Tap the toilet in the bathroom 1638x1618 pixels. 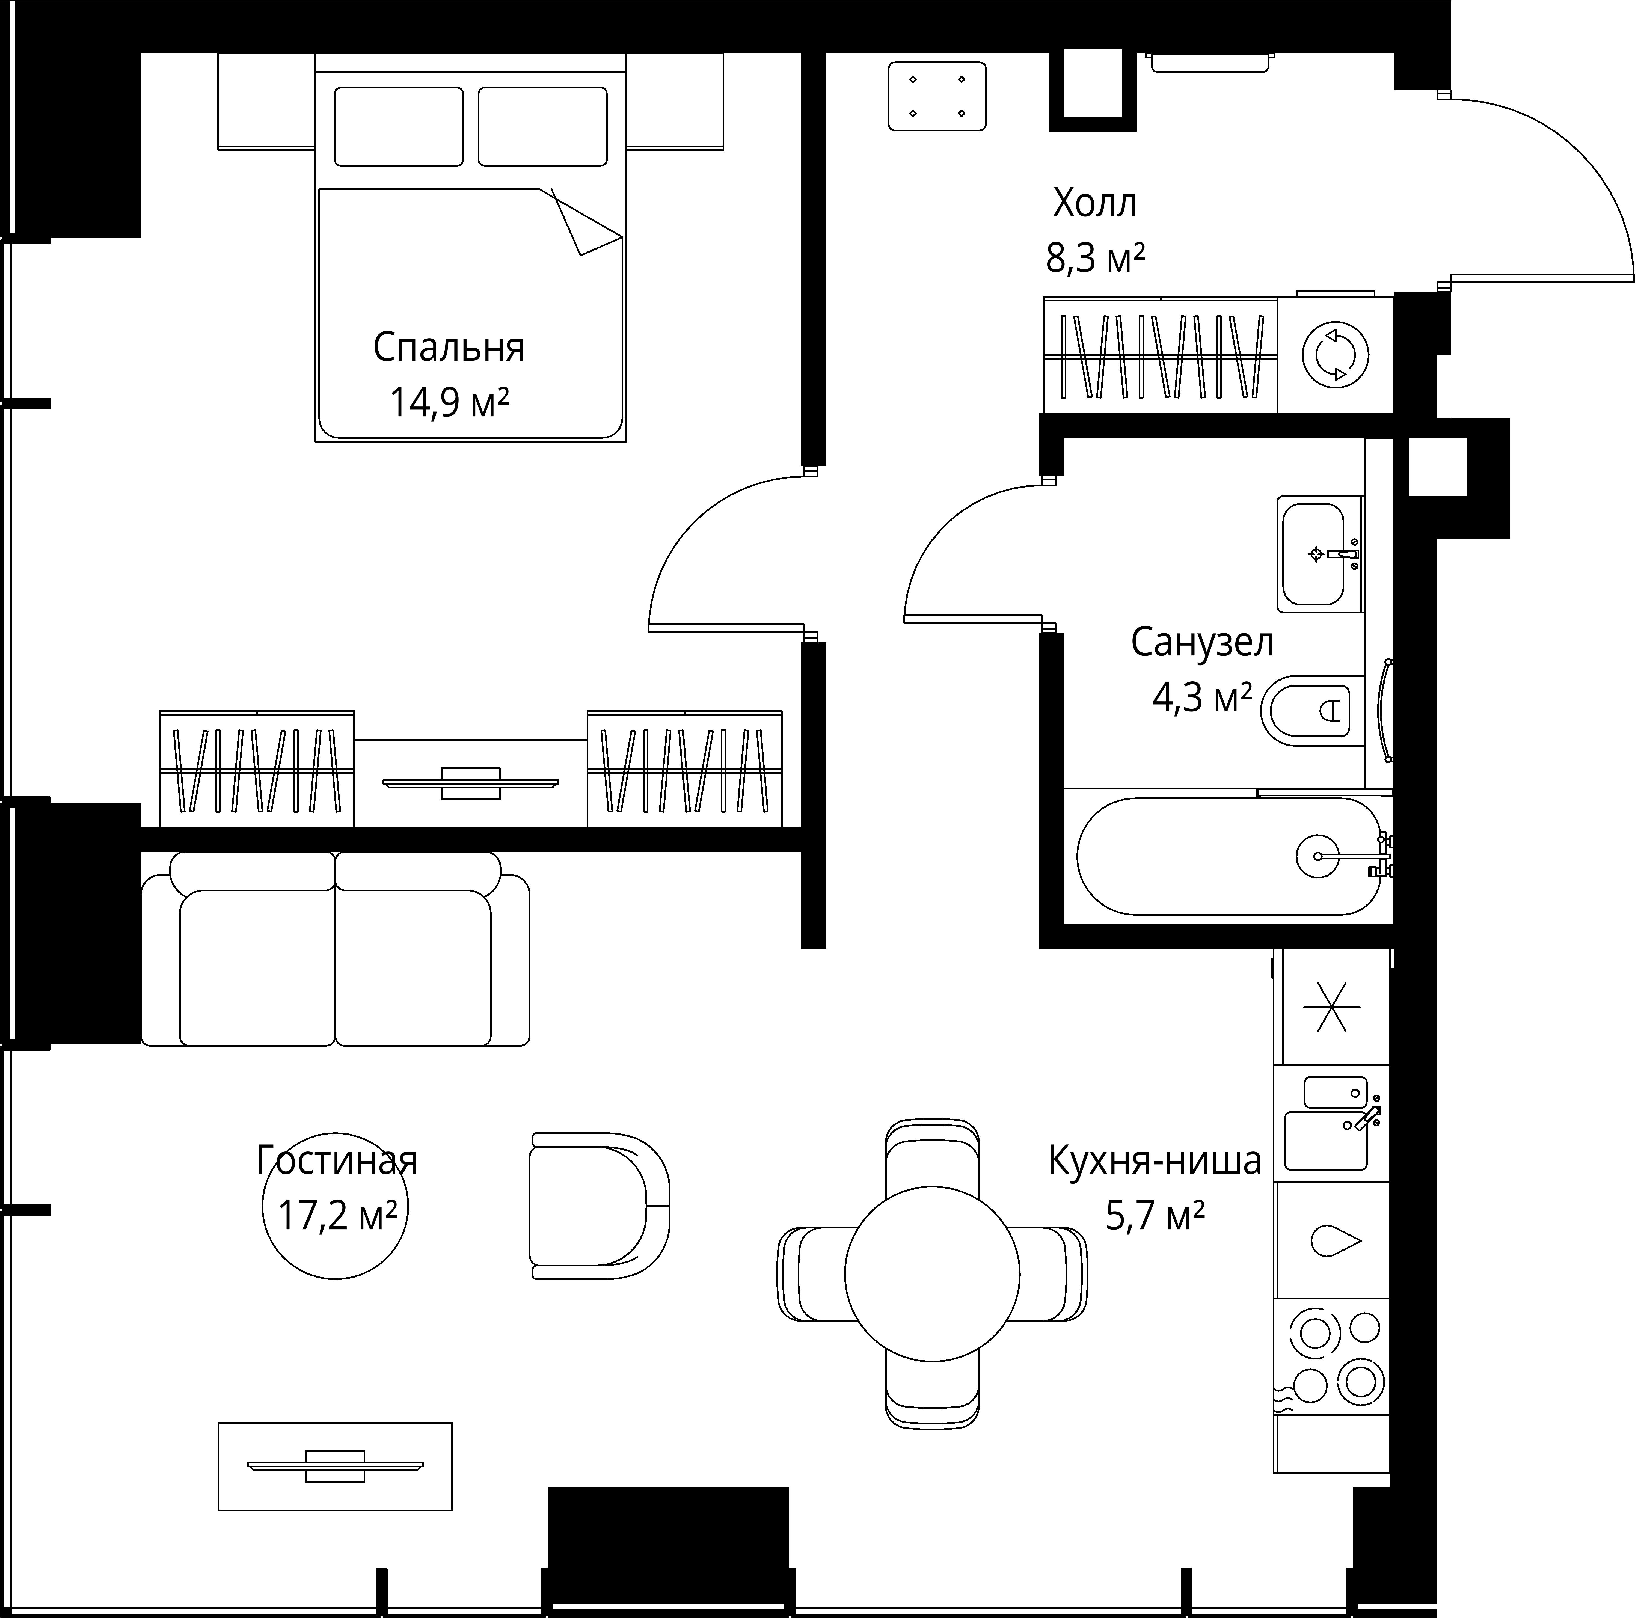[1312, 711]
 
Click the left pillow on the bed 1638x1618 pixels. [399, 126]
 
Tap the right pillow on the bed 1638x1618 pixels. [543, 126]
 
